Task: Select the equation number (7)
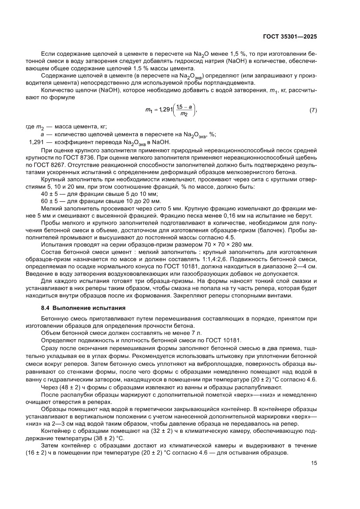click(313, 111)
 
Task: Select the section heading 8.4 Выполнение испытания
click(76, 308)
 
